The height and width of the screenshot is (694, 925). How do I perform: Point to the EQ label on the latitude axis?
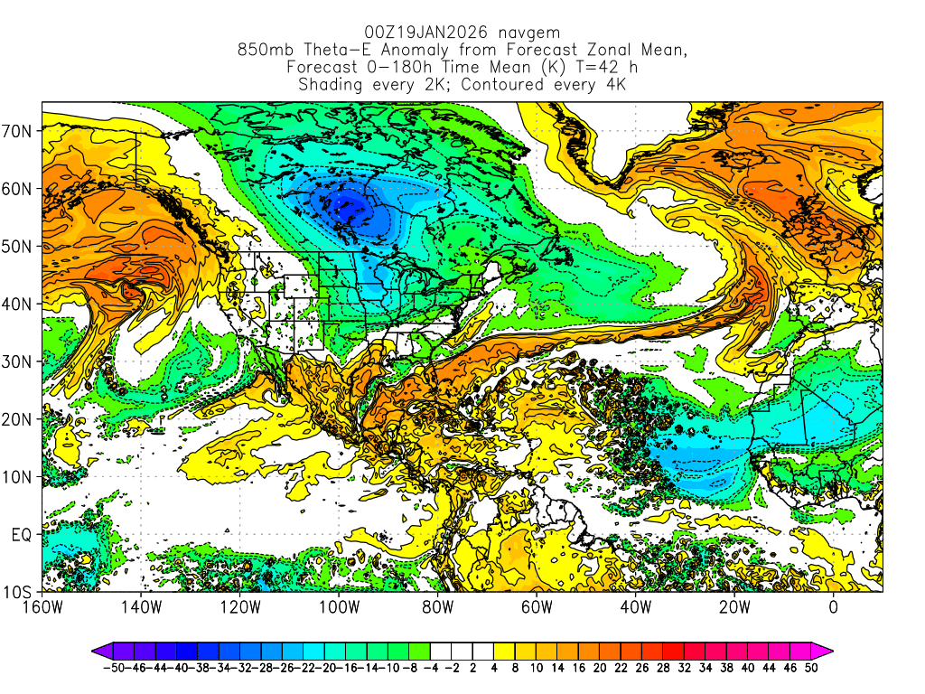click(23, 534)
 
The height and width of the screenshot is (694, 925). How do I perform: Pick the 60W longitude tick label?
click(537, 607)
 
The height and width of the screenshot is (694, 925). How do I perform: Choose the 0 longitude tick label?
click(833, 607)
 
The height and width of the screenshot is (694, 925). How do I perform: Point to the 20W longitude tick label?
click(734, 607)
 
